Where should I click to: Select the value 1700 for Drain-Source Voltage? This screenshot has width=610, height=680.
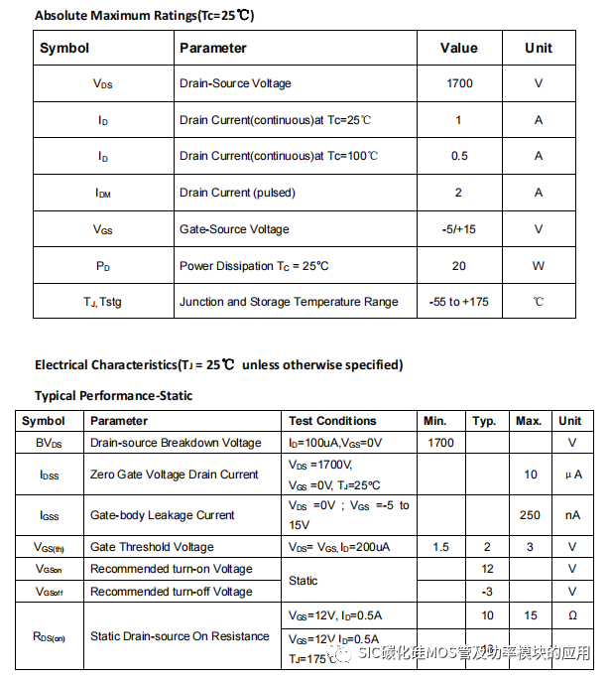458,83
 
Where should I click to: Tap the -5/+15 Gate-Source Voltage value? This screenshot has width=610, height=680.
458,229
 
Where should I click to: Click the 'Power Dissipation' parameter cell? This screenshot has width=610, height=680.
254,266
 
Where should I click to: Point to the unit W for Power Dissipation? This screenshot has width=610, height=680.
539,266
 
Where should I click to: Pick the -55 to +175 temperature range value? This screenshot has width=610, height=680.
458,302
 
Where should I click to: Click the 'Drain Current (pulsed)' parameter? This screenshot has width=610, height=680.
237,193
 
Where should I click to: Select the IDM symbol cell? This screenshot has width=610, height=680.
103,194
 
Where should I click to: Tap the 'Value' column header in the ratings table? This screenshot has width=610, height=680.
458,48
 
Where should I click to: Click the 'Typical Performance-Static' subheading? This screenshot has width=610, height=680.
113,395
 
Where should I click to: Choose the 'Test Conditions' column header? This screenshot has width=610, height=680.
332,421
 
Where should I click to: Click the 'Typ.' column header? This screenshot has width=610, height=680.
484,421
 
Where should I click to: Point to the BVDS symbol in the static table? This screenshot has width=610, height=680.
49,443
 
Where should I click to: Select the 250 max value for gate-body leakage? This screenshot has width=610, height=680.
530,515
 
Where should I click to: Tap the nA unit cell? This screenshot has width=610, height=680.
572,515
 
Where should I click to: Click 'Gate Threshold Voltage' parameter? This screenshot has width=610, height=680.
152,547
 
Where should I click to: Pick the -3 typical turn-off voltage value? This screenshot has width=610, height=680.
487,592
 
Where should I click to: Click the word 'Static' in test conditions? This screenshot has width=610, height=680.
304,580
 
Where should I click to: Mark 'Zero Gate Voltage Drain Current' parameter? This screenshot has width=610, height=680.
175,475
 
